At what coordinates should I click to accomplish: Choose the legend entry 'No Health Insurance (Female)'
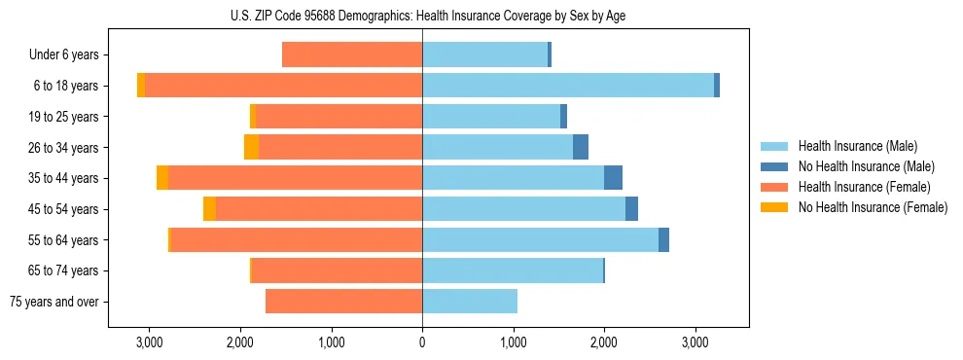[873, 207]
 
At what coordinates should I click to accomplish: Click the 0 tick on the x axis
[422, 342]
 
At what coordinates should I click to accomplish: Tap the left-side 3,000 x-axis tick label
[149, 342]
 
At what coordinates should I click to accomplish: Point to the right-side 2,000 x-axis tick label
[604, 342]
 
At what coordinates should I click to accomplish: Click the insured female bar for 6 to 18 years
[283, 86]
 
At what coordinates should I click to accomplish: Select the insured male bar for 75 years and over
[470, 302]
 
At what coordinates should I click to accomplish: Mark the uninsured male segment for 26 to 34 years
[581, 147]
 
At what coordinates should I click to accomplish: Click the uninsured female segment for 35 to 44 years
[162, 178]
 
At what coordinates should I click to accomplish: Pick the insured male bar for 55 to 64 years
[540, 239]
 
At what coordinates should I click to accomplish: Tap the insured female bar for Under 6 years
[352, 55]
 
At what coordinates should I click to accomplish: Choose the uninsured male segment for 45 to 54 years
[631, 209]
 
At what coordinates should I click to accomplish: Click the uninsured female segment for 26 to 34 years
[251, 147]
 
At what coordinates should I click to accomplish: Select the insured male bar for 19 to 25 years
[491, 117]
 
